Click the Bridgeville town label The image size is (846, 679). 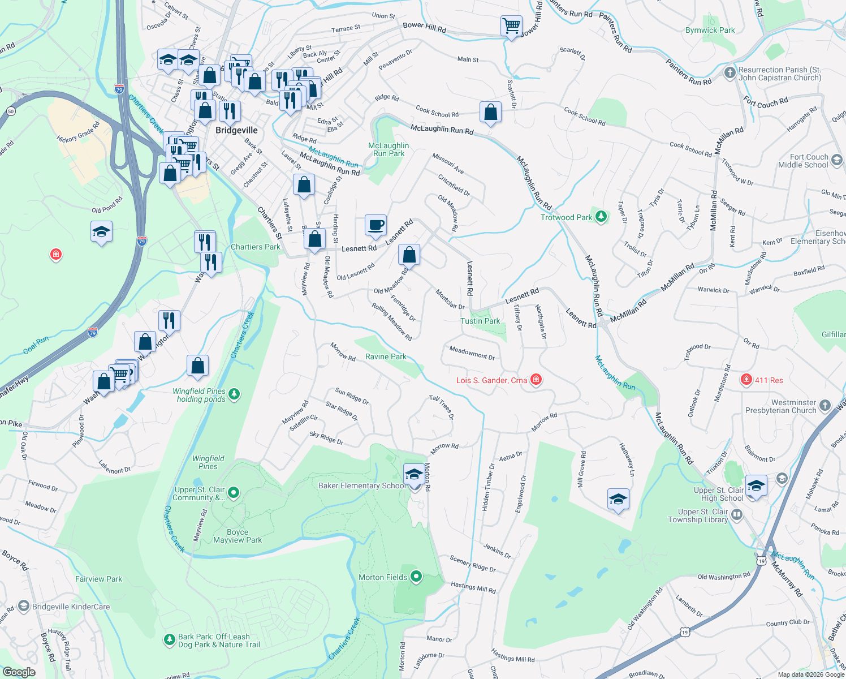point(236,130)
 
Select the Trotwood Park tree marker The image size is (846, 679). point(601,217)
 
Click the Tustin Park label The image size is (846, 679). point(480,321)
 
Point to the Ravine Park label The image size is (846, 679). point(386,356)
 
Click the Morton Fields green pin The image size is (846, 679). point(416,577)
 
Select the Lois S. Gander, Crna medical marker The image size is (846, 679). point(536,380)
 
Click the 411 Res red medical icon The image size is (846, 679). point(746,380)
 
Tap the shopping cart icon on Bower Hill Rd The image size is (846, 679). point(511,25)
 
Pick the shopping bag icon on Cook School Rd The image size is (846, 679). point(490,112)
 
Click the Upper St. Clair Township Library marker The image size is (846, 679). point(737,515)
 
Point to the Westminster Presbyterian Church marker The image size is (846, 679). point(825,405)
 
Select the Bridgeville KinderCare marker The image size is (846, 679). point(24,606)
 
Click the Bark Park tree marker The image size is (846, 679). point(169,640)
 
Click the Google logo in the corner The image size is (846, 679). point(19,672)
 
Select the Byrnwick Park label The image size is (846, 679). point(710,30)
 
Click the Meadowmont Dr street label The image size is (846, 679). point(472,353)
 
